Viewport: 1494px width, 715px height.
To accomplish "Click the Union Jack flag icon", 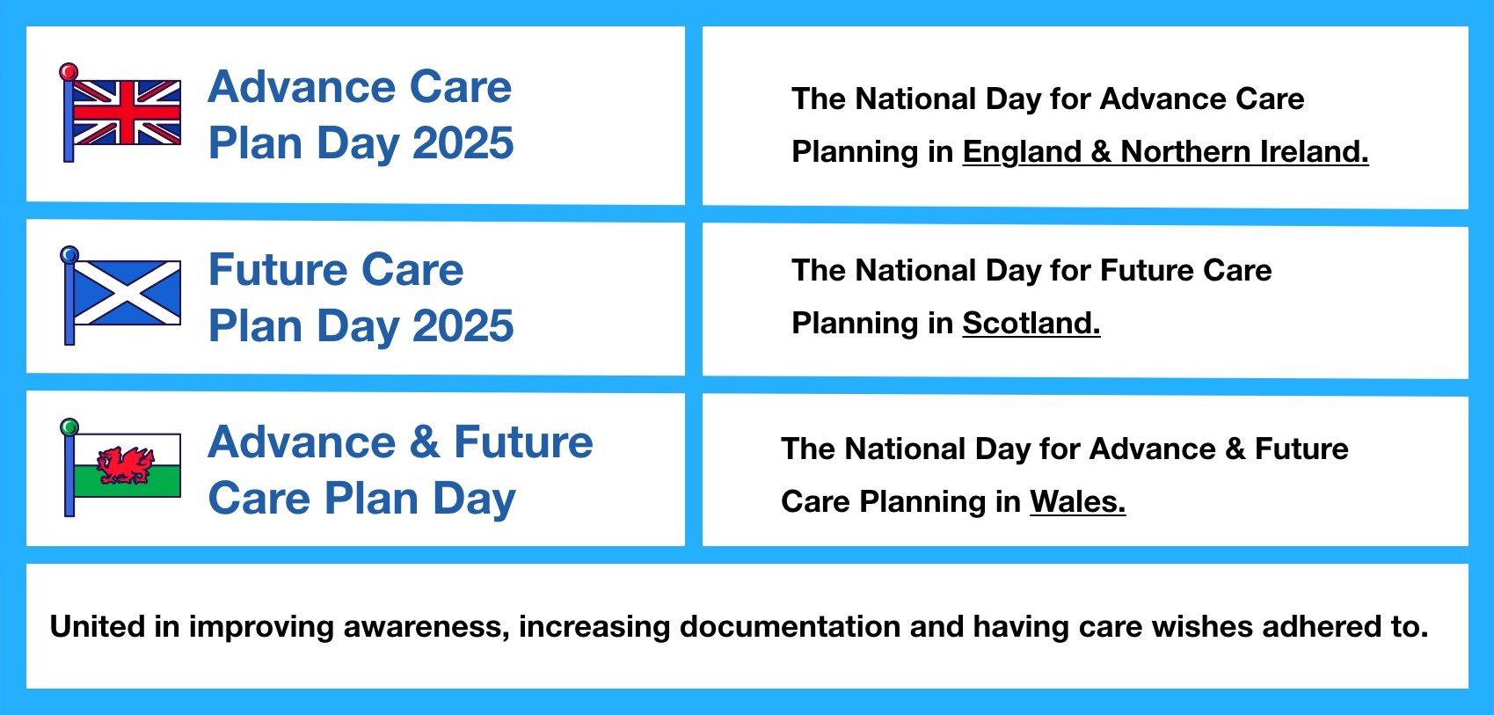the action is [127, 113].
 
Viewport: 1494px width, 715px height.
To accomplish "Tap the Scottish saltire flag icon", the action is [127, 293].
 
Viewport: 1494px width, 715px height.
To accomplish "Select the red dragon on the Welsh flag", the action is [126, 465].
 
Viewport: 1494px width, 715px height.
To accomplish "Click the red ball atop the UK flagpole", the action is [69, 71].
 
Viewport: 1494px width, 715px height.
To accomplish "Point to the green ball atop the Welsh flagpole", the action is [69, 427].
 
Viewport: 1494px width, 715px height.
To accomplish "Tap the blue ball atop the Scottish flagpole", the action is [69, 254].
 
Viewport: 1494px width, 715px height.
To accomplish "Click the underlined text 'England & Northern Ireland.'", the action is [1165, 152].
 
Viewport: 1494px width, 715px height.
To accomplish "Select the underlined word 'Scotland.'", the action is [1031, 324].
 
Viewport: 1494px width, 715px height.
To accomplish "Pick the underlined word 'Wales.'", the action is [1078, 501].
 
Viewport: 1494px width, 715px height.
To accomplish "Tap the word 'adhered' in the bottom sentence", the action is [1322, 627].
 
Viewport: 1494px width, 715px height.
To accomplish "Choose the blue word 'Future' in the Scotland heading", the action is [278, 269].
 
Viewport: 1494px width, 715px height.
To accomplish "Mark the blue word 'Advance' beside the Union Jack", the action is [302, 87].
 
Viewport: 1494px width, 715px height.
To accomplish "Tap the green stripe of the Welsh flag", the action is [127, 481].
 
